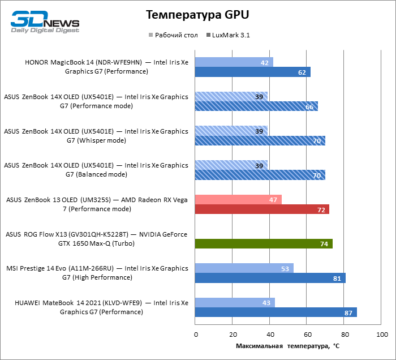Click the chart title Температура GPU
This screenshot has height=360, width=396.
(x=197, y=14)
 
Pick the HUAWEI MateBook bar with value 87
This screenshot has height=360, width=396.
(x=276, y=312)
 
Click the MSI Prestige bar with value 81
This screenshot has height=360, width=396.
(x=270, y=278)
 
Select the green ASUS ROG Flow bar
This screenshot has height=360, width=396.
(x=264, y=244)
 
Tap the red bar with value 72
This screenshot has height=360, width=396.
(x=262, y=209)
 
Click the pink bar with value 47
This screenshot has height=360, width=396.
(x=238, y=199)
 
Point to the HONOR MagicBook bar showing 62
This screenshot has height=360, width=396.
(x=252, y=72)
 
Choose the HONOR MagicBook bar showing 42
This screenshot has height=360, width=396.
(x=234, y=62)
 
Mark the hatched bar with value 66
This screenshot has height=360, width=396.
(x=256, y=106)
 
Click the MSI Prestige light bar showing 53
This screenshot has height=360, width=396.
(x=244, y=268)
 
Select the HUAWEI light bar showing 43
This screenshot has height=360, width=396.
(x=235, y=302)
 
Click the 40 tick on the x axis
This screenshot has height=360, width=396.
(x=270, y=335)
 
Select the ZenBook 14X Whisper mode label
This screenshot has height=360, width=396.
(x=96, y=136)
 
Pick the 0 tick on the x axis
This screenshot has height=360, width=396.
(x=196, y=335)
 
